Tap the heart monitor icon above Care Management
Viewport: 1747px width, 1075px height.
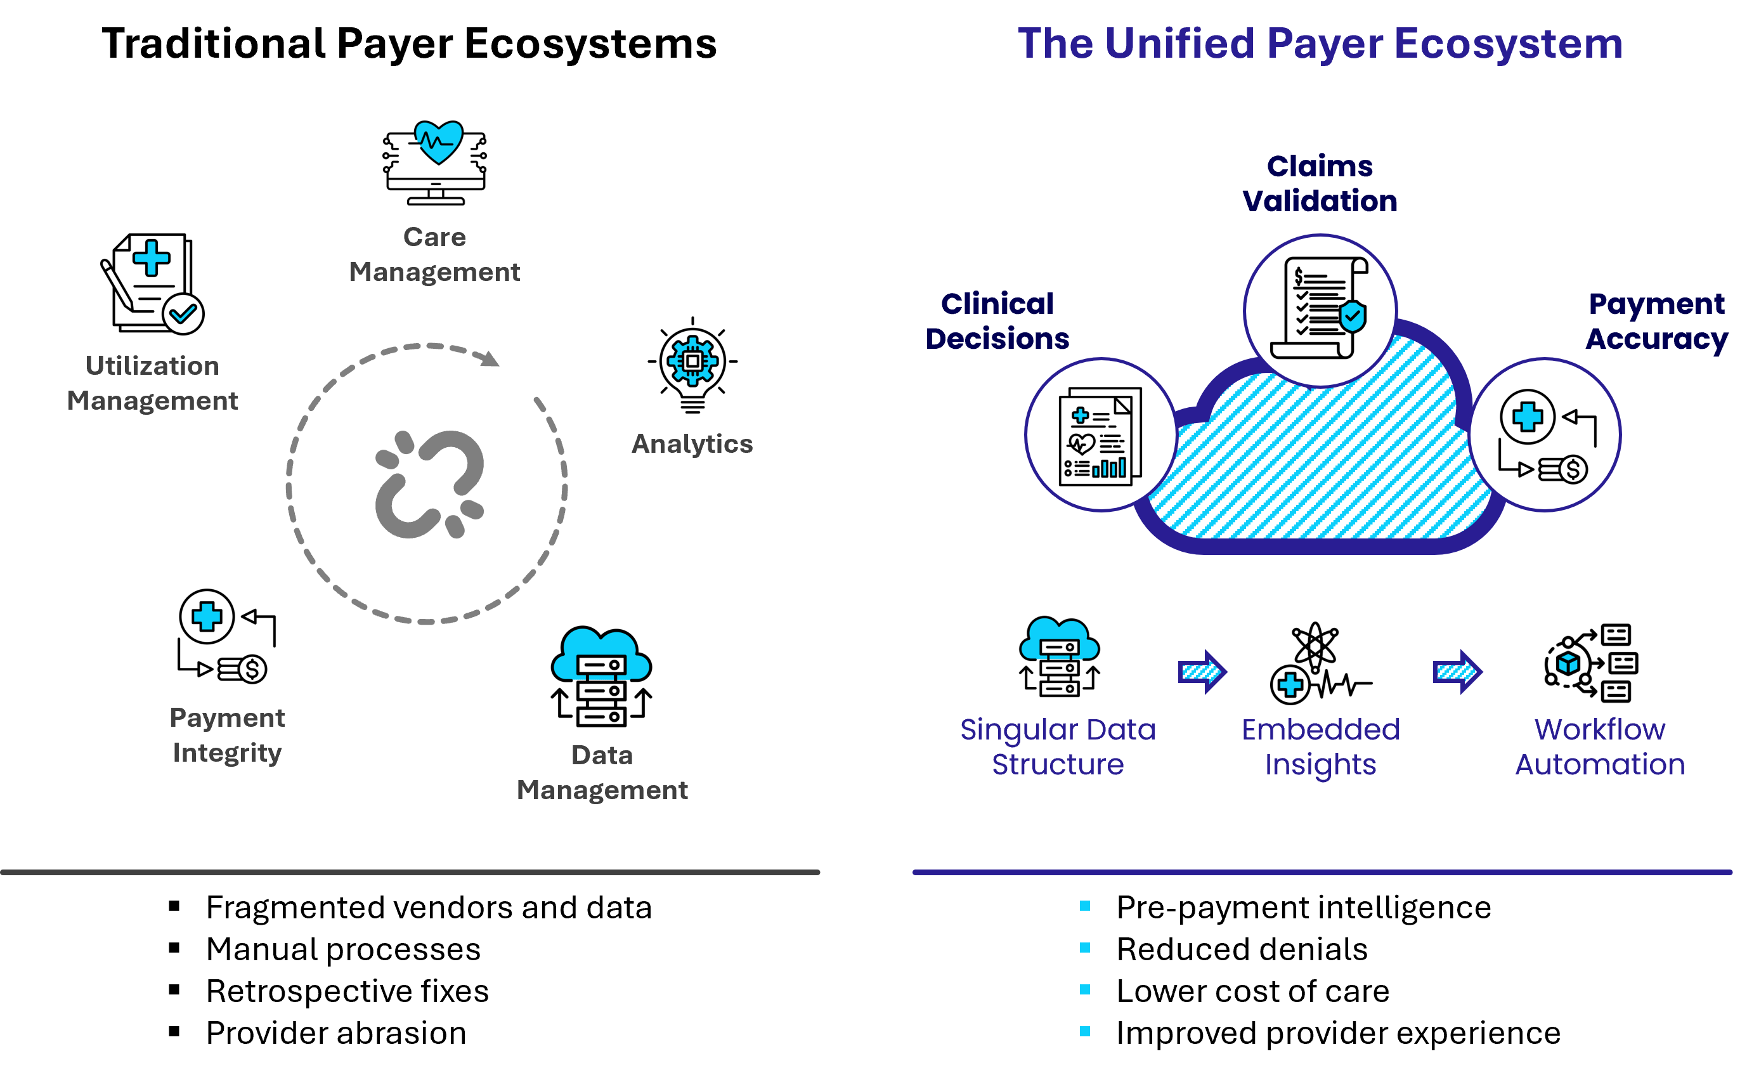tap(435, 163)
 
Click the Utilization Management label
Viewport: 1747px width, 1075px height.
tap(152, 383)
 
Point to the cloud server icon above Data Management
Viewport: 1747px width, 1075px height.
tap(601, 676)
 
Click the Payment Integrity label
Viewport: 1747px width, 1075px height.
tap(228, 735)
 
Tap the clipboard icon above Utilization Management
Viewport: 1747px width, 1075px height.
tap(152, 283)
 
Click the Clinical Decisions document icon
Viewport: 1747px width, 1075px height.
tap(1100, 436)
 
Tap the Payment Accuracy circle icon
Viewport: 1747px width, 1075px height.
tap(1545, 434)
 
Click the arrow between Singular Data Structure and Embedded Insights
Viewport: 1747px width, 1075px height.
tap(1202, 671)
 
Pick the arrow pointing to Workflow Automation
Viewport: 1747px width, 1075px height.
tap(1457, 671)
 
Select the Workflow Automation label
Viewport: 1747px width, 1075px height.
tap(1600, 746)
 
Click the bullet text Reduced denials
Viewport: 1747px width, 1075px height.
tap(1242, 949)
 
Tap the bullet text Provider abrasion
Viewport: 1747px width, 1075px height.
tap(335, 1033)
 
